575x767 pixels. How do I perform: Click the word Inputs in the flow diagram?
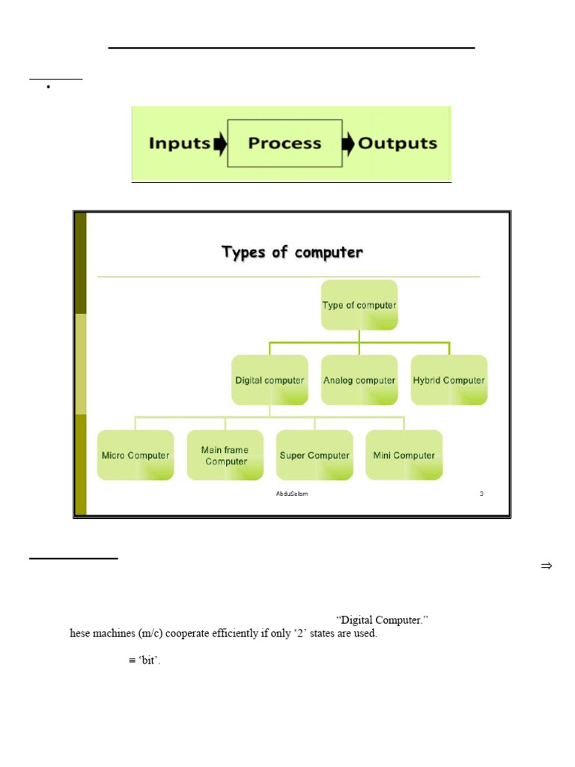[x=179, y=143]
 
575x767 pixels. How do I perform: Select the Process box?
[x=285, y=143]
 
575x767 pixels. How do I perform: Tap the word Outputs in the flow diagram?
[x=397, y=143]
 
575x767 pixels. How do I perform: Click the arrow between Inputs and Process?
[x=219, y=144]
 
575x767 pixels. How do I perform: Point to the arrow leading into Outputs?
[x=348, y=144]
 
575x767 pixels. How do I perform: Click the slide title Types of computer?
[x=292, y=252]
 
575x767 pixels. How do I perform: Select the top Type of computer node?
[x=359, y=305]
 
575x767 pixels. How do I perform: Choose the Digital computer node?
[x=270, y=380]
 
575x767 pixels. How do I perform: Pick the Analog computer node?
[x=359, y=380]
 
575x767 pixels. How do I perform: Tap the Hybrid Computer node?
[x=449, y=380]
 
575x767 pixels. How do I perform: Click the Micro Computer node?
[x=136, y=455]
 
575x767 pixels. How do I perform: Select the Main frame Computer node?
[x=225, y=455]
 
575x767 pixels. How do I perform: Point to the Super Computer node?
[x=314, y=455]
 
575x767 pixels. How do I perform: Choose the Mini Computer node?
[x=404, y=455]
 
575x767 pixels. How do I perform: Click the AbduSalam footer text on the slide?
[x=292, y=494]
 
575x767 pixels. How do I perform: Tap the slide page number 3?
[x=481, y=494]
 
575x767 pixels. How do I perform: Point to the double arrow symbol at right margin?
[x=546, y=566]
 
